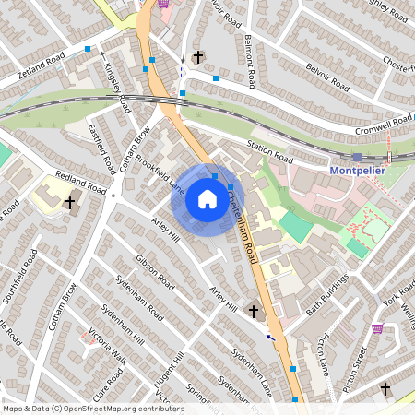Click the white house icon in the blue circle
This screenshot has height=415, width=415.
pos(207,199)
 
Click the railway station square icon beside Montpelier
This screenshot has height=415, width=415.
pos(357,157)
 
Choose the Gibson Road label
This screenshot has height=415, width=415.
pos(154,273)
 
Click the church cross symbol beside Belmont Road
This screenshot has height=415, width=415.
pos(197,57)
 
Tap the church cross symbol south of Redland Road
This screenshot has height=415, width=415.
pos(69,202)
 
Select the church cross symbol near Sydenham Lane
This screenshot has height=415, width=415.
pos(254,312)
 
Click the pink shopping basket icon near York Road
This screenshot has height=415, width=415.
pos(377,328)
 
